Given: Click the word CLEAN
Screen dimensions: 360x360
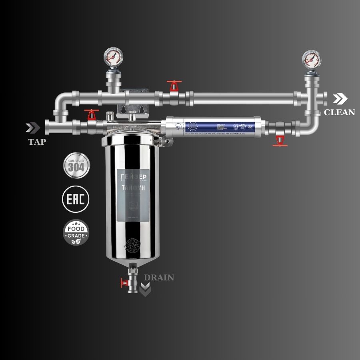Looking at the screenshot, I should coord(339,112).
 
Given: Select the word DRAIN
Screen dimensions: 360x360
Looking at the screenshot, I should coord(159,277).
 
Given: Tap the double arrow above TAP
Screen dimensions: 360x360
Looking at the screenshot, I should coord(33,128).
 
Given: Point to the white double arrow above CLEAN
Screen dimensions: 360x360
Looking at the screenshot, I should coord(340,98).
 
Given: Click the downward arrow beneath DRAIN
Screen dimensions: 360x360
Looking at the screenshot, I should coord(145,289).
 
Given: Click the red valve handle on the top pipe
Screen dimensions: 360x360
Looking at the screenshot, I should coord(173,85).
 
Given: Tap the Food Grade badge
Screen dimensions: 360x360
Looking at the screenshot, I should coord(76,232).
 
